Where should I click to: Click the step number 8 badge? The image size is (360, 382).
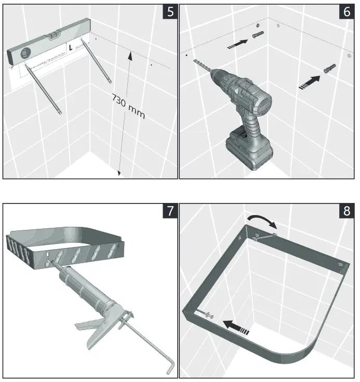coord(346,211)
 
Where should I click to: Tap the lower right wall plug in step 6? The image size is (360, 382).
coord(330,69)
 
